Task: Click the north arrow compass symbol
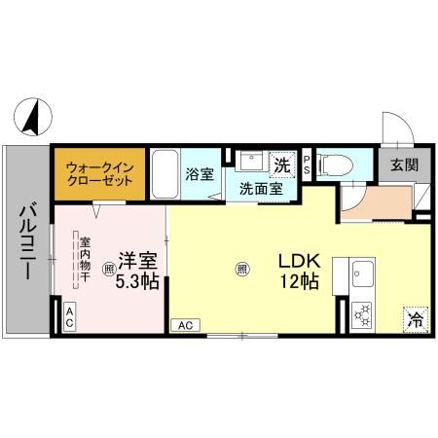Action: pos(32,117)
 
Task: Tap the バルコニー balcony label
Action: pos(27,240)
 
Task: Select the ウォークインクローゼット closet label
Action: pos(99,175)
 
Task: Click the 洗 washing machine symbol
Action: pos(280,163)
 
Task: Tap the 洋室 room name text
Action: pos(137,261)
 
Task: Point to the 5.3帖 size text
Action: pos(137,283)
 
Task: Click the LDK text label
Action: pos(298,262)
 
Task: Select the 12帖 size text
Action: pos(298,284)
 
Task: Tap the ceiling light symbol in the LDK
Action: pos(240,269)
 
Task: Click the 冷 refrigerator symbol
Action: pos(416,318)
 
